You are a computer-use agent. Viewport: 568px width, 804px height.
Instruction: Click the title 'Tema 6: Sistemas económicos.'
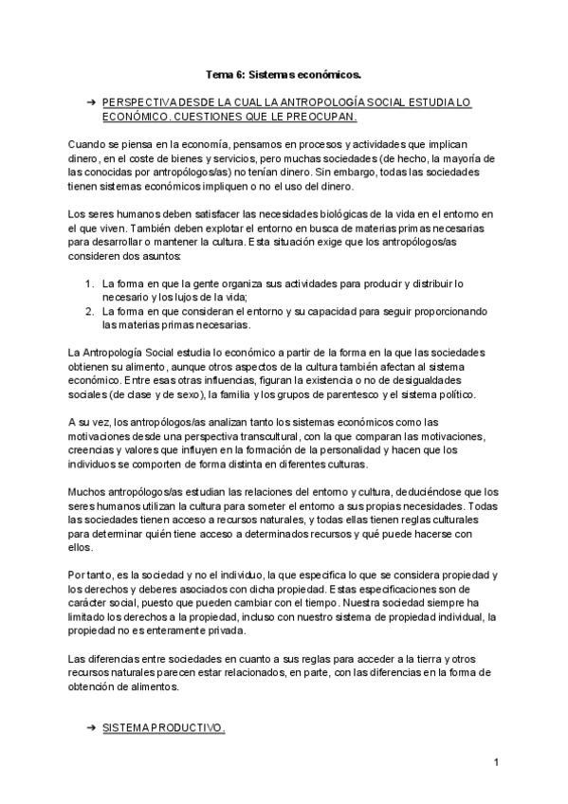tap(284, 71)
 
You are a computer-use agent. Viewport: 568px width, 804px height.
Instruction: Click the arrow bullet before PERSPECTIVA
tap(91, 100)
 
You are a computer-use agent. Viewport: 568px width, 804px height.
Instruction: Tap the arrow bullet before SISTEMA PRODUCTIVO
tap(91, 729)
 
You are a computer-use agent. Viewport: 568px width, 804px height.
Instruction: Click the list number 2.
tap(88, 310)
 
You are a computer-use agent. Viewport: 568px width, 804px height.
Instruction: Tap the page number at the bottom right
tap(496, 762)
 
